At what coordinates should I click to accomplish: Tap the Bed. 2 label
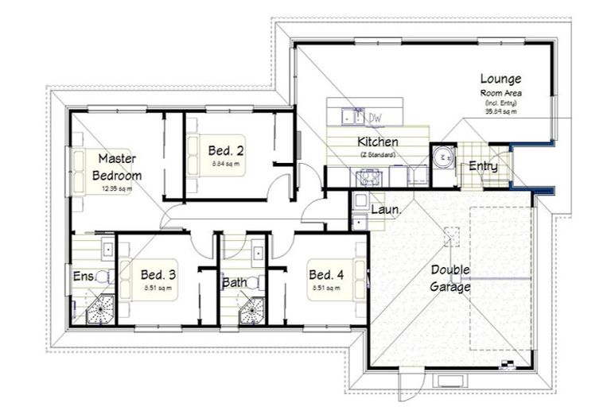226,149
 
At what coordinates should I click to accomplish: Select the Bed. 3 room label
158,275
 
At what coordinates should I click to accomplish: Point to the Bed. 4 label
326,275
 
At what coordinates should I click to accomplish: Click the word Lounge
500,79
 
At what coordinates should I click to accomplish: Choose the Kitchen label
377,142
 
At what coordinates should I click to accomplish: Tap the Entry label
483,166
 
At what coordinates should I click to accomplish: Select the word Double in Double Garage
450,269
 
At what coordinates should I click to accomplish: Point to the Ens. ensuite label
83,277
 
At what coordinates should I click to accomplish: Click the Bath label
234,281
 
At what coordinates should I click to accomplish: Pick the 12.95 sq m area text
117,188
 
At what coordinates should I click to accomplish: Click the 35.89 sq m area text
500,112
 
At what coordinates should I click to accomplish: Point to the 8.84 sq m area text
226,163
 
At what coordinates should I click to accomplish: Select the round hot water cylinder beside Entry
442,156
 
